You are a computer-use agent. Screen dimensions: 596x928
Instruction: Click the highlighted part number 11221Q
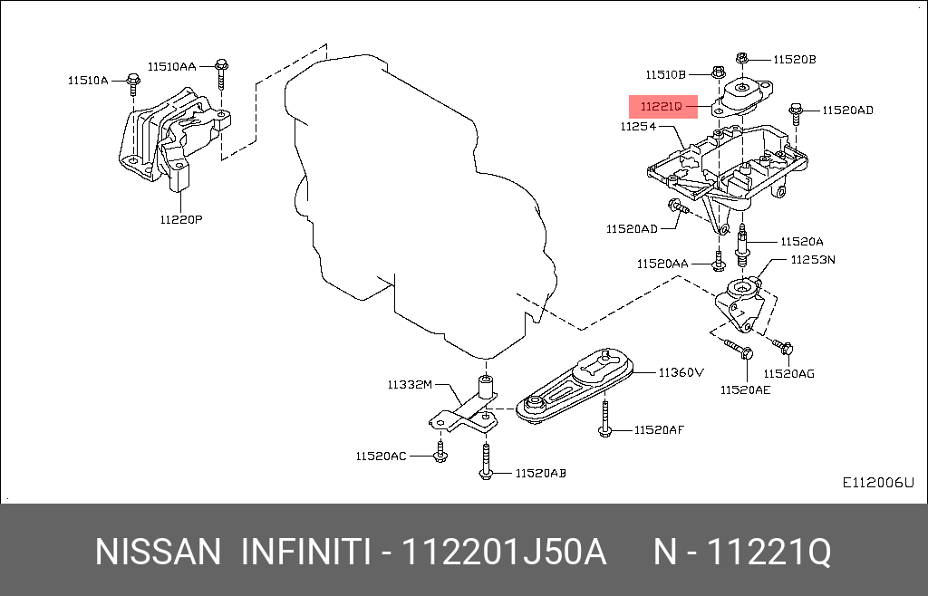(662, 107)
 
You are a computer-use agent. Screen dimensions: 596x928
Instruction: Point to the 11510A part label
(87, 81)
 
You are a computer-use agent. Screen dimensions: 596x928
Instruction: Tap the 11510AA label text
(172, 66)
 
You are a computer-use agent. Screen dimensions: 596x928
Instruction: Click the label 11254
(638, 127)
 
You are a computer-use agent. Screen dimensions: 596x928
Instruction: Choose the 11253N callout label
(813, 259)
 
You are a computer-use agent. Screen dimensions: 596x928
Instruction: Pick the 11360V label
(681, 371)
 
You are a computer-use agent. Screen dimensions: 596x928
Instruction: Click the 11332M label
(411, 385)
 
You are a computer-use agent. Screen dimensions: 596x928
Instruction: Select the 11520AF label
(659, 429)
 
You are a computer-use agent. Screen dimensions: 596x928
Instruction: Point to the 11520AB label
(541, 473)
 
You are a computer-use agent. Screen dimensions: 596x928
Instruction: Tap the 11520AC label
(381, 456)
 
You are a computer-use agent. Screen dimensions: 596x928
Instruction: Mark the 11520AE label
(745, 389)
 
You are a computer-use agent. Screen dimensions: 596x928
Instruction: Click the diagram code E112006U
(878, 483)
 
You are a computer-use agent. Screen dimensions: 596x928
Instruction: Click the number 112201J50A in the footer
(504, 552)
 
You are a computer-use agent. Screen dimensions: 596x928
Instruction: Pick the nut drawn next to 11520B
(741, 59)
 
